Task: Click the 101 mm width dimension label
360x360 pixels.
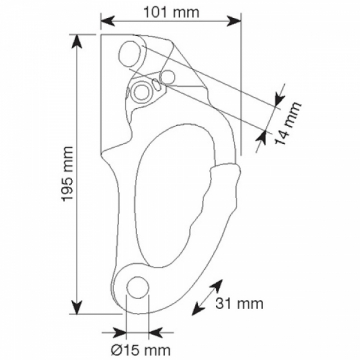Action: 171,13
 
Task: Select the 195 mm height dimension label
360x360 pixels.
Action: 68,174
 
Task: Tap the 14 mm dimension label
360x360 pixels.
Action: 288,123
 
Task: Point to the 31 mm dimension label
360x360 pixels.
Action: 239,303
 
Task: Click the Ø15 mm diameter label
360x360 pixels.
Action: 140,350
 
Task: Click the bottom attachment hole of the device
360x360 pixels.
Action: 137,287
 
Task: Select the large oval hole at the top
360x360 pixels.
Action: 131,53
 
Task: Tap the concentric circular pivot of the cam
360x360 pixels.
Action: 141,91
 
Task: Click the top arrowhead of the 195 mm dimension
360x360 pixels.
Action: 77,41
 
